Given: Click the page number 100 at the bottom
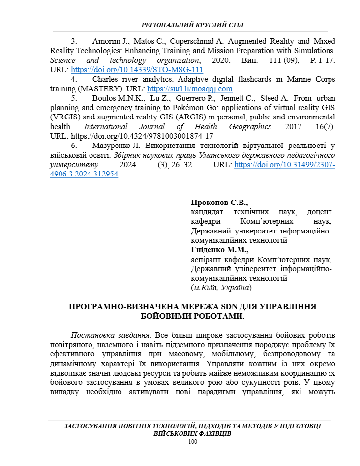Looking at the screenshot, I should (192, 442).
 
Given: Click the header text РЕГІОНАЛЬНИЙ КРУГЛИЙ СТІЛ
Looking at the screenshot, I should (192, 25).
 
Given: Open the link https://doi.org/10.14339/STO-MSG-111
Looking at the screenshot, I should (137, 70).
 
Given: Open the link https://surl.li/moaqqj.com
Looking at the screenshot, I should (190, 89).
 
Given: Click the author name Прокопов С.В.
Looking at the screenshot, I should (219, 202).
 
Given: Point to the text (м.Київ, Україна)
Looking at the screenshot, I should (221, 288).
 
